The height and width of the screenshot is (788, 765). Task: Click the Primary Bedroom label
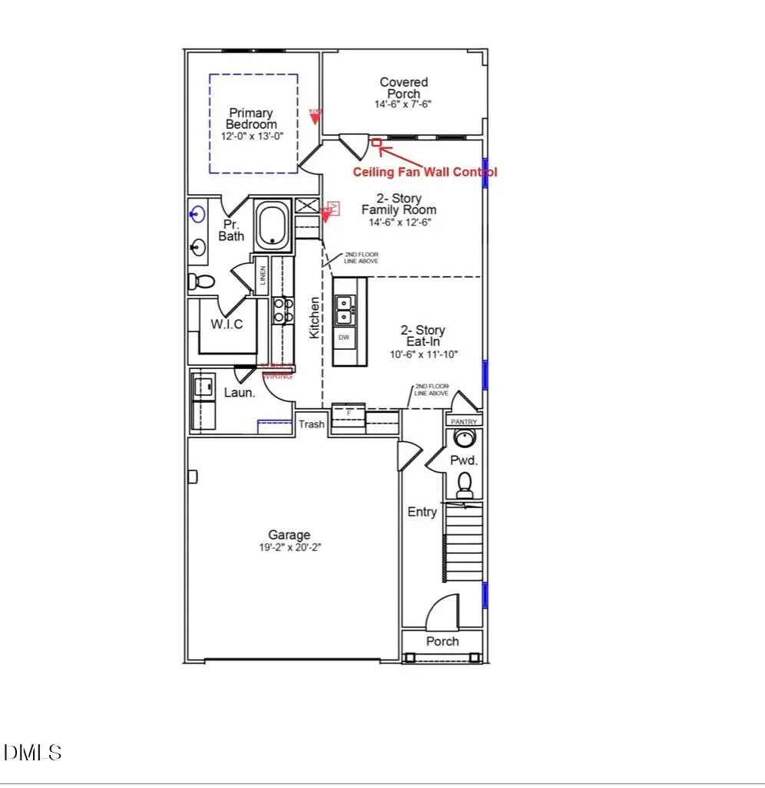pos(251,119)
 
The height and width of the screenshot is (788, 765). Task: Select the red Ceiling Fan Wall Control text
pos(425,172)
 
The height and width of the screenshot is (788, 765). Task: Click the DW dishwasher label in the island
pos(343,338)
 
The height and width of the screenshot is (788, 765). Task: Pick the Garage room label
pos(289,535)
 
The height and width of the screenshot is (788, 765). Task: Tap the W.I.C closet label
pos(227,325)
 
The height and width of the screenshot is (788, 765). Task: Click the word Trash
pos(311,424)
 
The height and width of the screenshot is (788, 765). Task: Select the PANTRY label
pos(464,421)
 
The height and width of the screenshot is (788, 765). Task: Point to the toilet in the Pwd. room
pos(465,483)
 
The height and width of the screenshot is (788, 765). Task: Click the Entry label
pos(422,512)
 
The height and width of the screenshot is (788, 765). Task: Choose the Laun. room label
pos(240,393)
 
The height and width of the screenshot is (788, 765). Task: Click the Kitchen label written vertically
pos(313,318)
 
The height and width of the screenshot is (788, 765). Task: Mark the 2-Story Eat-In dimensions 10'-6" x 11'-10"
pos(422,355)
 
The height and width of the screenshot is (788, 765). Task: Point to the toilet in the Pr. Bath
pos(202,282)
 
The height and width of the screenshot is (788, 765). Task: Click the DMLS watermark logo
pos(32,752)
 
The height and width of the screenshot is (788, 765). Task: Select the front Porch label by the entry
pos(442,641)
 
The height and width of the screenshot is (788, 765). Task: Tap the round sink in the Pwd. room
pos(464,439)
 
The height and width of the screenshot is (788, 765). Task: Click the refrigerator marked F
pos(349,414)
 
